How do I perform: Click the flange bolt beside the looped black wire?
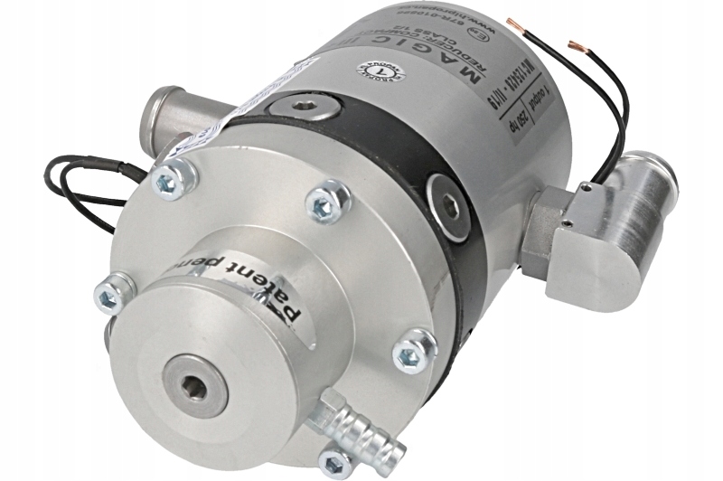[x=168, y=181]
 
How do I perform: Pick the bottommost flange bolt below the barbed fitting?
[x=336, y=463]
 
